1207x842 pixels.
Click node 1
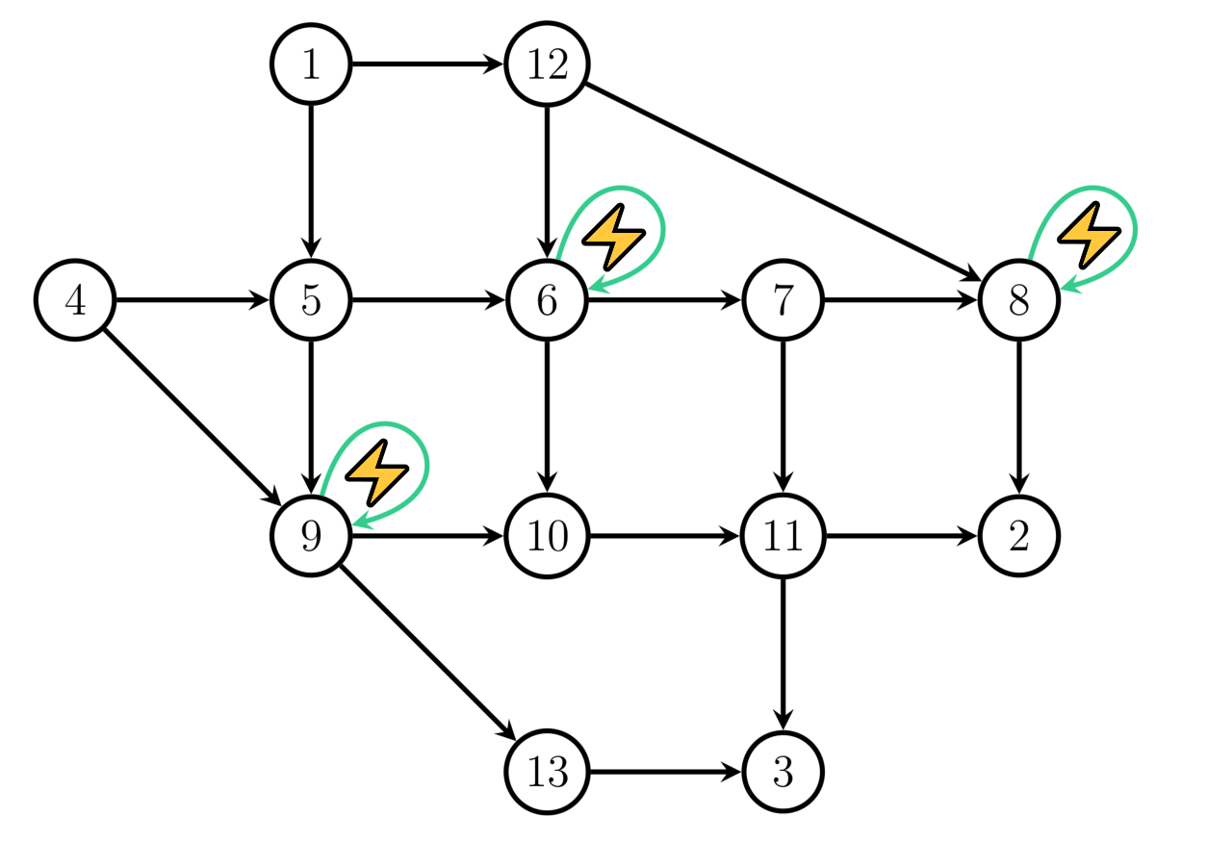pyautogui.click(x=311, y=64)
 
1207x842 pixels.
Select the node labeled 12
pyautogui.click(x=547, y=64)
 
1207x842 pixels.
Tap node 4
pyautogui.click(x=75, y=300)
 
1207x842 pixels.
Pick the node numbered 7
pyautogui.click(x=783, y=300)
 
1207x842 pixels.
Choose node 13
pyautogui.click(x=547, y=772)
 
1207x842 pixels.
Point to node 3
pyautogui.click(x=783, y=772)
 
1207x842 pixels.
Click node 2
pyautogui.click(x=1019, y=536)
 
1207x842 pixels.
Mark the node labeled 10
pyautogui.click(x=547, y=536)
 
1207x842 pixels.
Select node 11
pyautogui.click(x=783, y=536)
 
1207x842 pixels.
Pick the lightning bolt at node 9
pyautogui.click(x=377, y=471)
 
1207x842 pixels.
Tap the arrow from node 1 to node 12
pyautogui.click(x=428, y=64)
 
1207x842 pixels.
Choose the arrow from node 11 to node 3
pyautogui.click(x=783, y=654)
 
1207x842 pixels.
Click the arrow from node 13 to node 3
pyautogui.click(x=665, y=772)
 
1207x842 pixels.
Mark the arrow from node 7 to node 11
pyautogui.click(x=783, y=418)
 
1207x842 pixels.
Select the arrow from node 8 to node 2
pyautogui.click(x=1019, y=418)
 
